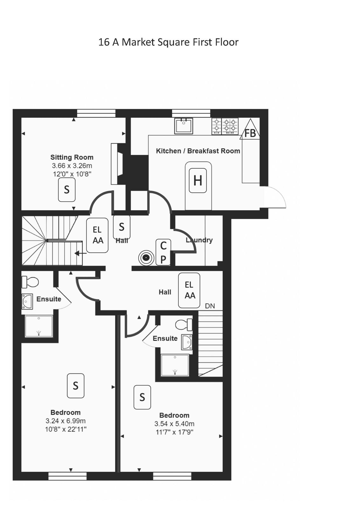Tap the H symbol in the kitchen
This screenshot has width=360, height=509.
tap(197, 181)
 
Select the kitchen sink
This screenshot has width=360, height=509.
tap(183, 126)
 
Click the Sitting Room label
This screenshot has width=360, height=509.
tap(72, 157)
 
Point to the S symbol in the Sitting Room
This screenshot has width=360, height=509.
tap(66, 190)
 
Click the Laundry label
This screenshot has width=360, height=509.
tap(199, 240)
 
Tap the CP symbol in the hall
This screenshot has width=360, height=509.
tap(163, 252)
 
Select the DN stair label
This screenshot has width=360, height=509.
tap(210, 306)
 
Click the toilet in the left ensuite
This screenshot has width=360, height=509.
tap(30, 282)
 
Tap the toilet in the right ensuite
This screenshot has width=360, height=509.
tap(184, 324)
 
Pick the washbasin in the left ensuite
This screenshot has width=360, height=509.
tap(27, 302)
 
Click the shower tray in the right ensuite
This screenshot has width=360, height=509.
tap(175, 365)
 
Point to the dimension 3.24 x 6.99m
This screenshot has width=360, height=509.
tap(66, 421)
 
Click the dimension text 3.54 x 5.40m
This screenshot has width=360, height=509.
tap(175, 424)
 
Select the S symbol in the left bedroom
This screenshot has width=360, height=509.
tap(76, 386)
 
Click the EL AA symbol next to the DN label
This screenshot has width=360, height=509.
tap(189, 290)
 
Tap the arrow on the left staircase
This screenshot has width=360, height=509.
tap(80, 253)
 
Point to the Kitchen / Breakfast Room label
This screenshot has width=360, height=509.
tap(198, 151)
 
